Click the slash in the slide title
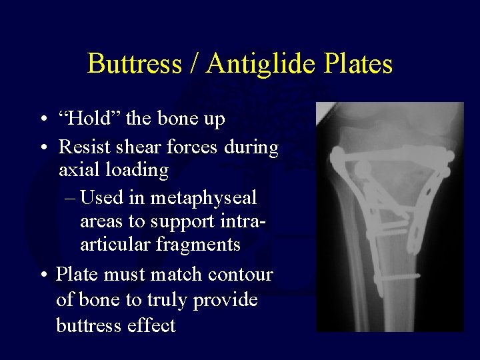[x=194, y=64]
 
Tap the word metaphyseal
[x=203, y=198]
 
